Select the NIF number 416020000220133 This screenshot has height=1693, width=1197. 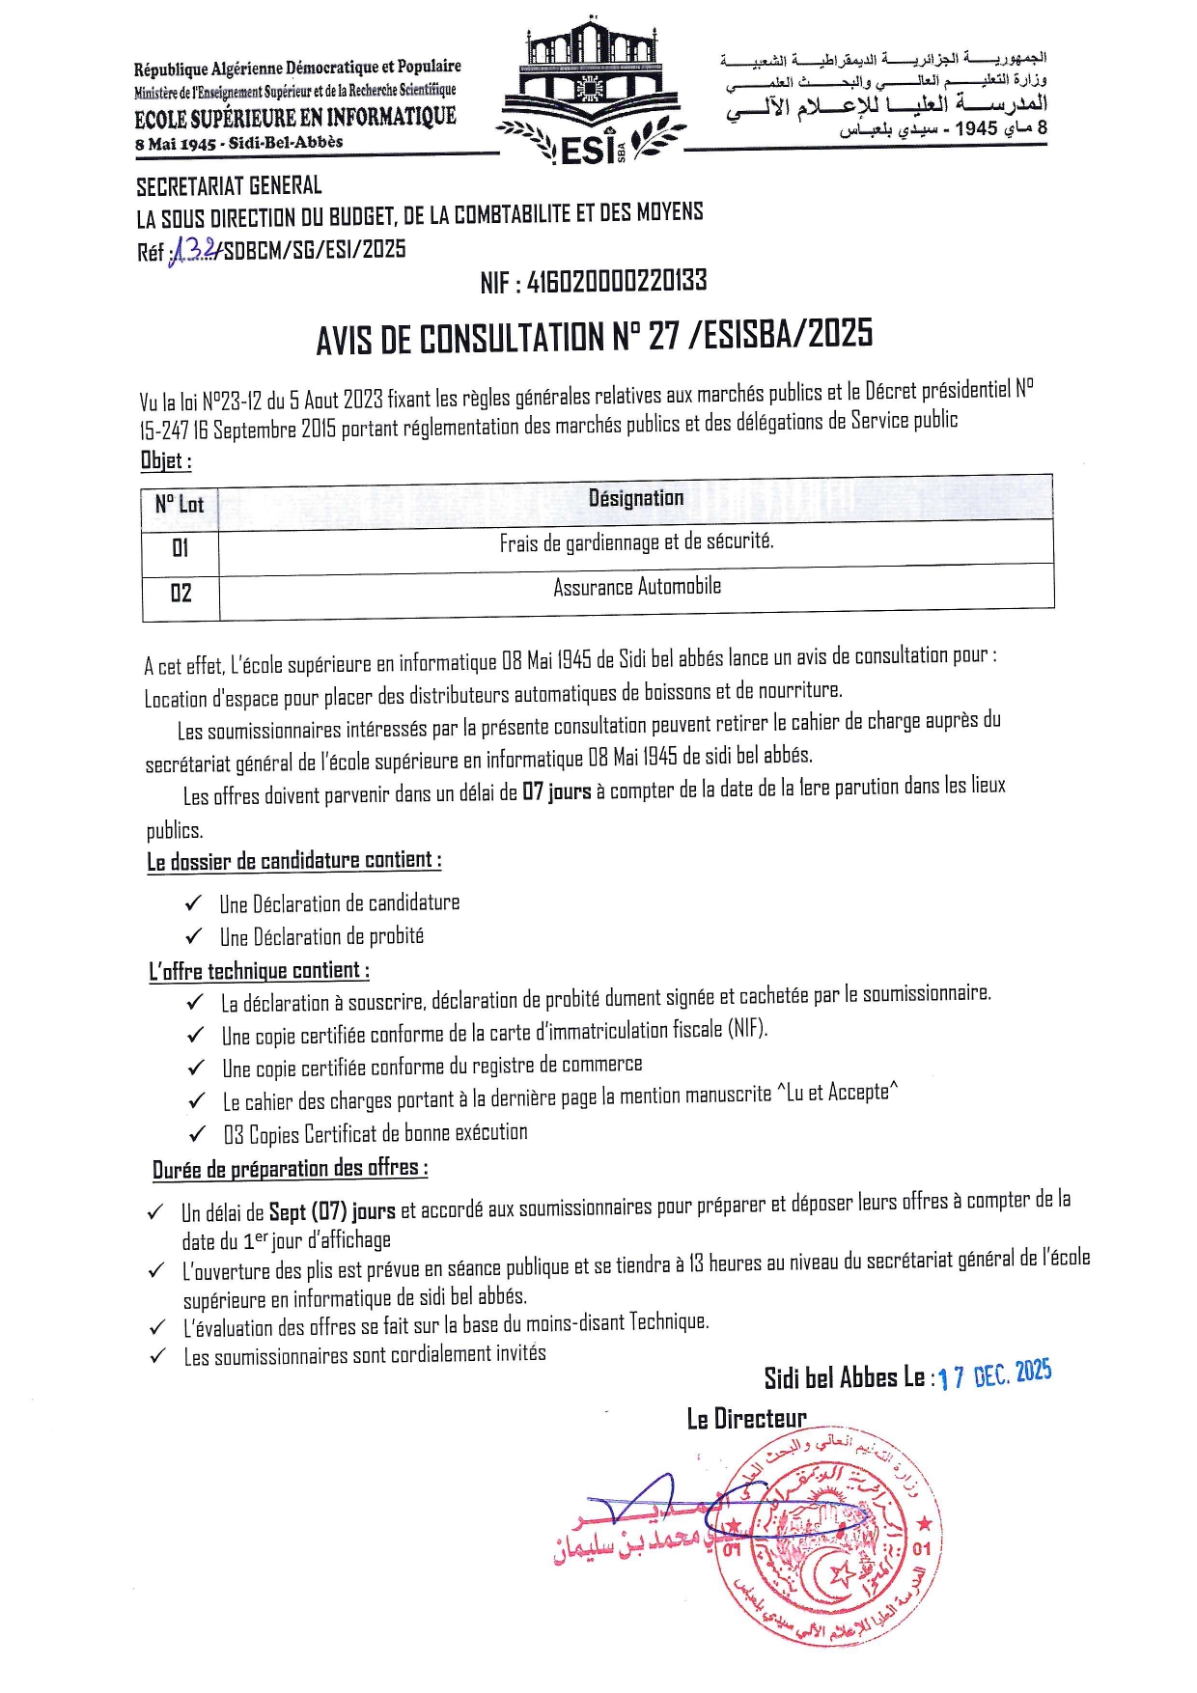[617, 282]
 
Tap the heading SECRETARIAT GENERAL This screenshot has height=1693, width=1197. [229, 185]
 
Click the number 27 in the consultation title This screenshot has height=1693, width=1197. [663, 336]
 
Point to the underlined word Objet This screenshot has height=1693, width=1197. [165, 460]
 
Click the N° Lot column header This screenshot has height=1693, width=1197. [180, 504]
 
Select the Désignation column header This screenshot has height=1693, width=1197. [636, 498]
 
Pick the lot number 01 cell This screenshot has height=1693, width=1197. [181, 548]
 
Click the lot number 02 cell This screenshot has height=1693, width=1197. [181, 593]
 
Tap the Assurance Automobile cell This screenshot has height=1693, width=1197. [637, 587]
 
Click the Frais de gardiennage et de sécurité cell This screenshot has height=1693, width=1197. [636, 542]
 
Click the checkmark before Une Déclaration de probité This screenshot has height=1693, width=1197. [194, 936]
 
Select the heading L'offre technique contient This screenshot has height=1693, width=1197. [259, 971]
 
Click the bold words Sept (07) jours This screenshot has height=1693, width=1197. [332, 1211]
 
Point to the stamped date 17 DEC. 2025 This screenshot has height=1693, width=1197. [994, 1374]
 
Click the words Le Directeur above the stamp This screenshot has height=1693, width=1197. [746, 1419]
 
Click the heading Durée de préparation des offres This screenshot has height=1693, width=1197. [290, 1169]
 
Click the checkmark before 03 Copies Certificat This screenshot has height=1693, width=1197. [199, 1133]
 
